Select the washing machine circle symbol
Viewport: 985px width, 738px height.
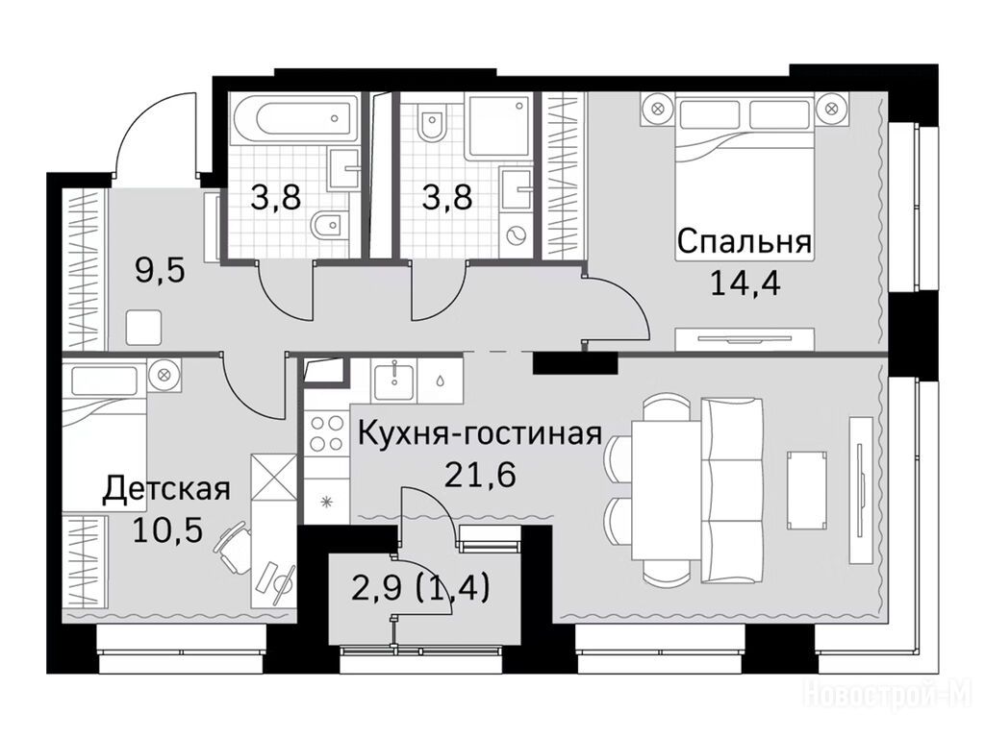[x=518, y=237]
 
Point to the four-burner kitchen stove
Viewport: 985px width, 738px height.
[x=327, y=433]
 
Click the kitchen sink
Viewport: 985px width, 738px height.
[x=393, y=380]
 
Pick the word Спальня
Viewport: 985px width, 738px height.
[x=744, y=241]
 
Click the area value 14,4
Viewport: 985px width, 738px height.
[x=745, y=283]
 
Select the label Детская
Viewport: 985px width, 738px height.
[x=166, y=490]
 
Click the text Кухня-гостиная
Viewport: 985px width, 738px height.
[x=480, y=433]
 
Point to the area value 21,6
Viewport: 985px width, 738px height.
[x=480, y=475]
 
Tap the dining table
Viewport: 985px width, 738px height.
[x=666, y=490]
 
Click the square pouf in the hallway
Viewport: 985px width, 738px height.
[x=144, y=328]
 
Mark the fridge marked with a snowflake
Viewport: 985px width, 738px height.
[x=327, y=501]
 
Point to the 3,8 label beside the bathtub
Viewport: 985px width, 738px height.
[x=276, y=198]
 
